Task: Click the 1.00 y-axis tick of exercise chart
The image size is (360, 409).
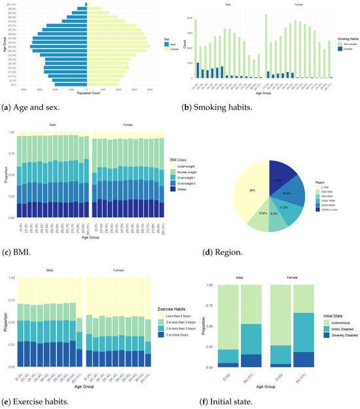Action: pyautogui.click(x=12, y=277)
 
